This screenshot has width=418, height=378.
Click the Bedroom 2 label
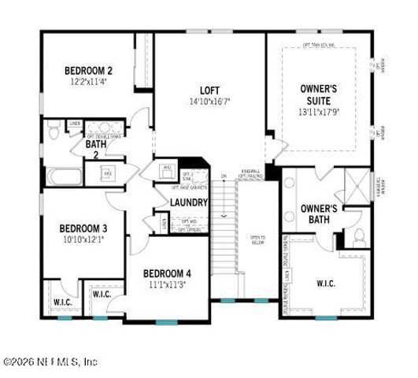pyautogui.click(x=87, y=70)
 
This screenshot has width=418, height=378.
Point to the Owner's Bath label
pyautogui.click(x=319, y=213)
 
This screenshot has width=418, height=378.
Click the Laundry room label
pyautogui.click(x=189, y=202)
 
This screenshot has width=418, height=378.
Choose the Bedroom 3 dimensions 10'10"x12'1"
pyautogui.click(x=83, y=239)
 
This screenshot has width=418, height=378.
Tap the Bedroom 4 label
pyautogui.click(x=167, y=273)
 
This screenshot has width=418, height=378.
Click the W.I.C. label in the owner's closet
pyautogui.click(x=327, y=283)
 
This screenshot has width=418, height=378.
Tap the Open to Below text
pyautogui.click(x=257, y=240)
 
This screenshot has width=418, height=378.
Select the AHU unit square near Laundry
pyautogui.click(x=166, y=169)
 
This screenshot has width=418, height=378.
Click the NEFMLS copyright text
pyautogui.click(x=51, y=362)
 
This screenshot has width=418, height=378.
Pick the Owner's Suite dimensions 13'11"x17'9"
pyautogui.click(x=319, y=113)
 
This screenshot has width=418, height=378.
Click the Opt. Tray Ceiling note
pyautogui.click(x=320, y=45)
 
